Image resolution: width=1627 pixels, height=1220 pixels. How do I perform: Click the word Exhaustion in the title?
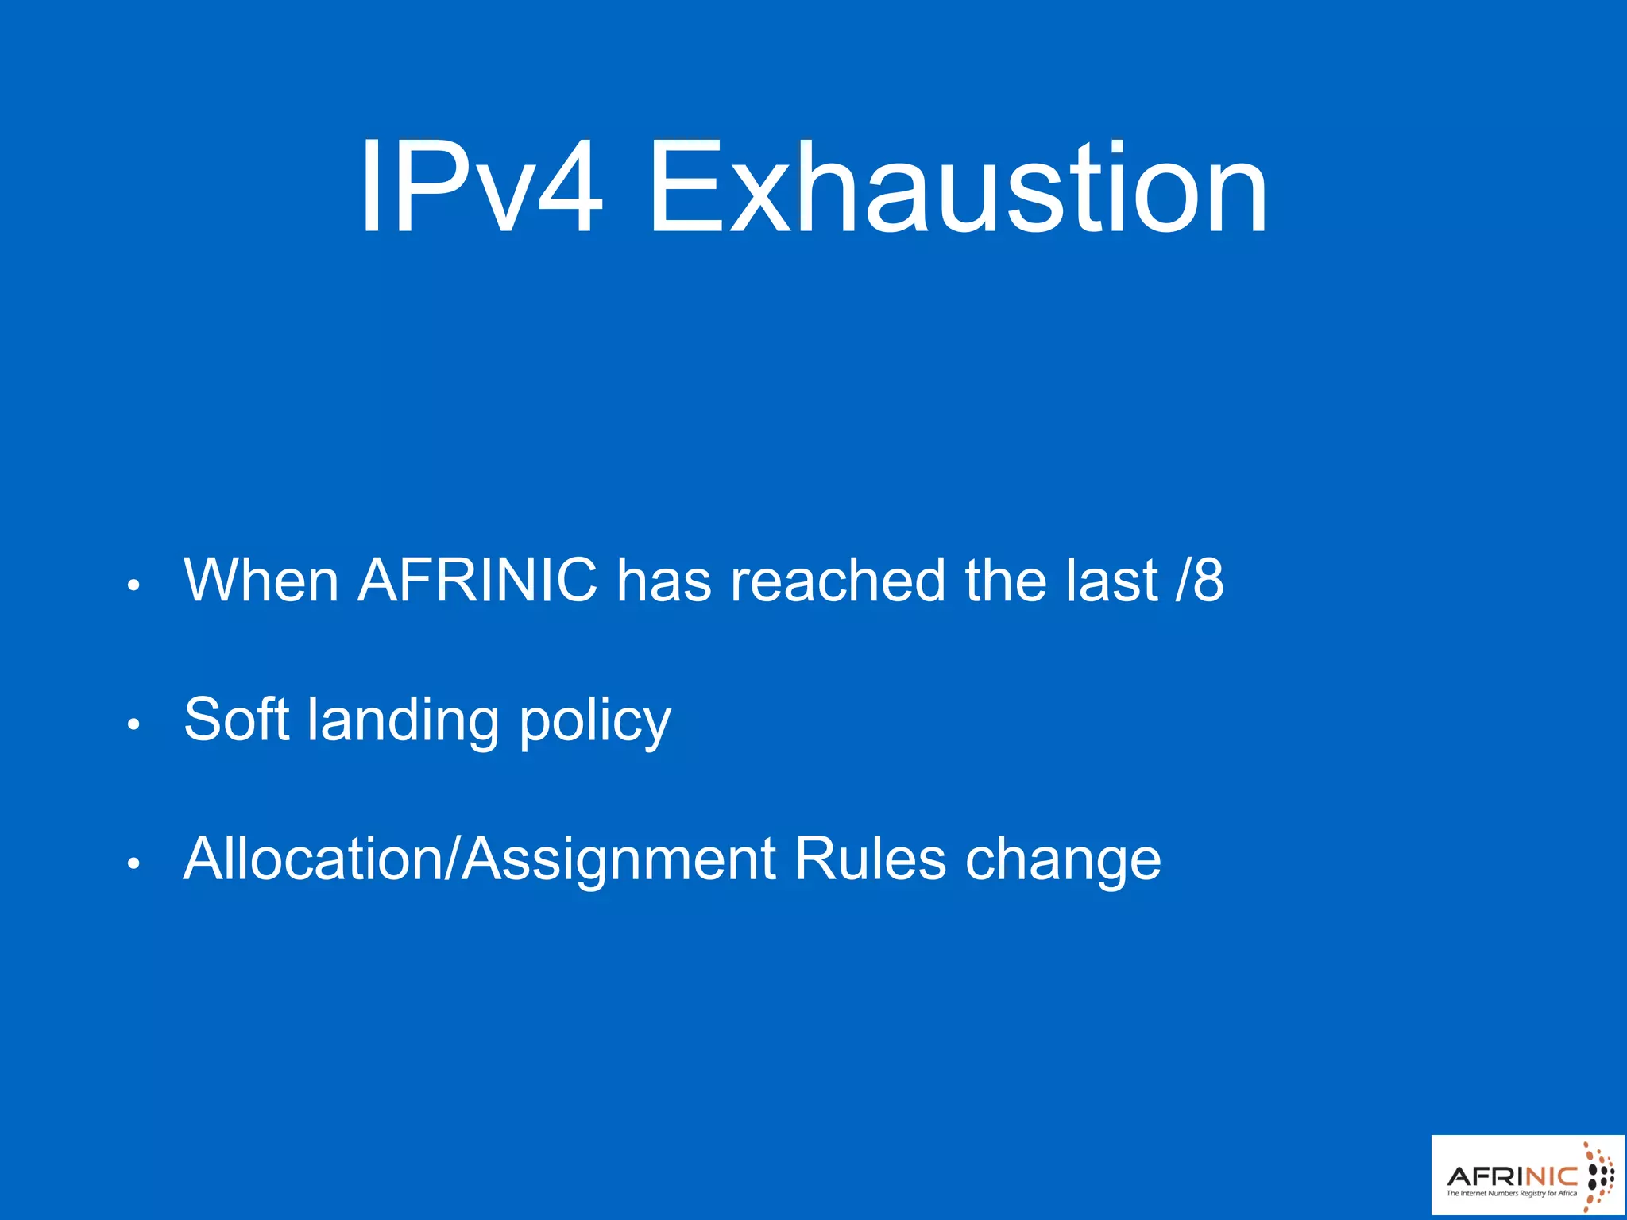[x=958, y=189]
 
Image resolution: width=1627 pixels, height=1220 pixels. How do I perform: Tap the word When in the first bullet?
[x=261, y=581]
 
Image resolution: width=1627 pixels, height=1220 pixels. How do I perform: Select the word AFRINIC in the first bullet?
[x=477, y=581]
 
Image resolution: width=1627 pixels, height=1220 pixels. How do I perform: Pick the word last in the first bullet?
[x=1111, y=581]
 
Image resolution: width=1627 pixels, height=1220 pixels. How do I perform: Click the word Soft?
[x=236, y=720]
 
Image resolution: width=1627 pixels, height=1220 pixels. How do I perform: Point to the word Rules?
[x=870, y=859]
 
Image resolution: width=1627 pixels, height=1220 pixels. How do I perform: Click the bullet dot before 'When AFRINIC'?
[x=133, y=586]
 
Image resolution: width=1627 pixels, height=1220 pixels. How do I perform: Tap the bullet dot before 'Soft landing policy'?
[x=133, y=724]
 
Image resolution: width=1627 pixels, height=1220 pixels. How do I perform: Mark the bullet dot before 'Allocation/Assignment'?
[x=133, y=863]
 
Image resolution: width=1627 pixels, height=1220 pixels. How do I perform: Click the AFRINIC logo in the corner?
[x=1528, y=1175]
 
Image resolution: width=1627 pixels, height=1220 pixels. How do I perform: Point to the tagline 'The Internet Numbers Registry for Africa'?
[x=1511, y=1193]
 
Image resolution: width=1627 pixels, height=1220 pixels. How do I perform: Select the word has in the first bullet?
[x=663, y=581]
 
